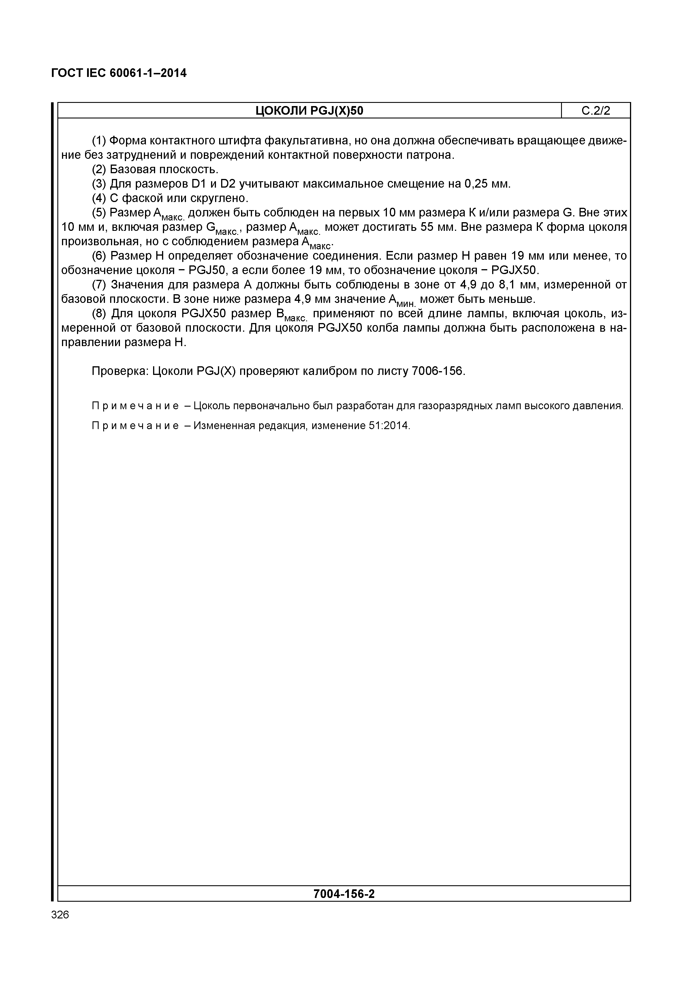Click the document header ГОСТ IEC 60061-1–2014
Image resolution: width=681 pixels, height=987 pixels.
(x=118, y=73)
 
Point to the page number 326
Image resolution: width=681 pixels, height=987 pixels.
(x=60, y=915)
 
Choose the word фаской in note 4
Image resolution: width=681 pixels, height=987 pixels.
(x=141, y=198)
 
